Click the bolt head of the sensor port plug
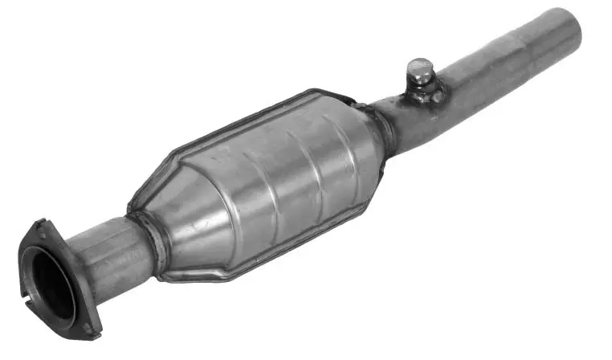pos(418,68)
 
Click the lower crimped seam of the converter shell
pos(265,257)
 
